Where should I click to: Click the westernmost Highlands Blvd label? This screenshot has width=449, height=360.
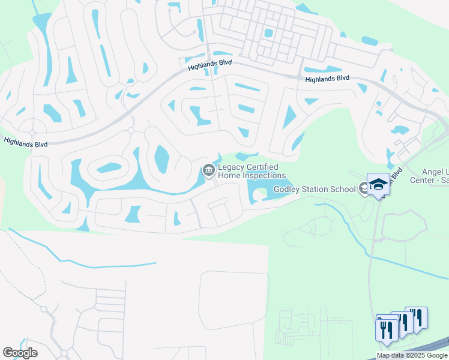coord(25,142)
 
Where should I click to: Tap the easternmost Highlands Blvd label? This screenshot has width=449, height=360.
coord(327,79)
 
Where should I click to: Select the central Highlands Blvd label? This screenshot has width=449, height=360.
coord(209,65)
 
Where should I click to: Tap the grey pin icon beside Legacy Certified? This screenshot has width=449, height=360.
coord(208,172)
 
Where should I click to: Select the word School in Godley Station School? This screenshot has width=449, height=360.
coord(343,190)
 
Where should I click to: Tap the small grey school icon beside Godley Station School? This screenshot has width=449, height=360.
coord(363,189)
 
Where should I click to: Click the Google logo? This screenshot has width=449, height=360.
coord(20,353)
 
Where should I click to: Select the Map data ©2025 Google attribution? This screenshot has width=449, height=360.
coord(412,355)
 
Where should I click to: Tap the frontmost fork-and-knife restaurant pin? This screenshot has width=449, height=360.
coord(385,330)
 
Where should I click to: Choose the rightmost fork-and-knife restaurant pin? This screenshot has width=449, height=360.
coord(417,317)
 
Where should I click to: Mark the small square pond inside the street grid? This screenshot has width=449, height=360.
coord(268,33)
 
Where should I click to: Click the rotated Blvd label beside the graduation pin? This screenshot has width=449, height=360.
coord(394,175)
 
